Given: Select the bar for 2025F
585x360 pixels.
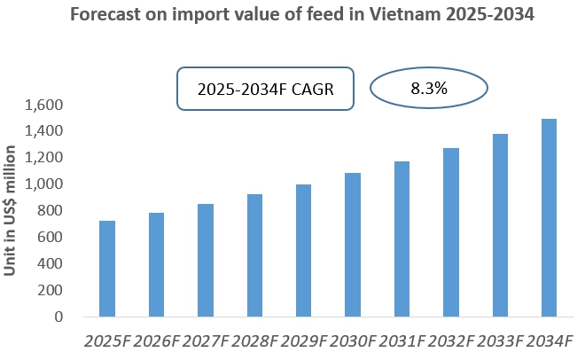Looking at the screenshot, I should click(107, 269).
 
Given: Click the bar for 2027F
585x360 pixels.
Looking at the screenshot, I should click(206, 260).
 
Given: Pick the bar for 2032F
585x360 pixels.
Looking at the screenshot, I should click(451, 232).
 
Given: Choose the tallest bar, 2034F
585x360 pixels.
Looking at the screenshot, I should click(550, 218).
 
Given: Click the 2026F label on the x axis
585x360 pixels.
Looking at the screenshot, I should click(156, 341).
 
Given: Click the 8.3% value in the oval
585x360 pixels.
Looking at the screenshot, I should click(428, 89).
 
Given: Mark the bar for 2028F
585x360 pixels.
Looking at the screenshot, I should click(254, 255).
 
